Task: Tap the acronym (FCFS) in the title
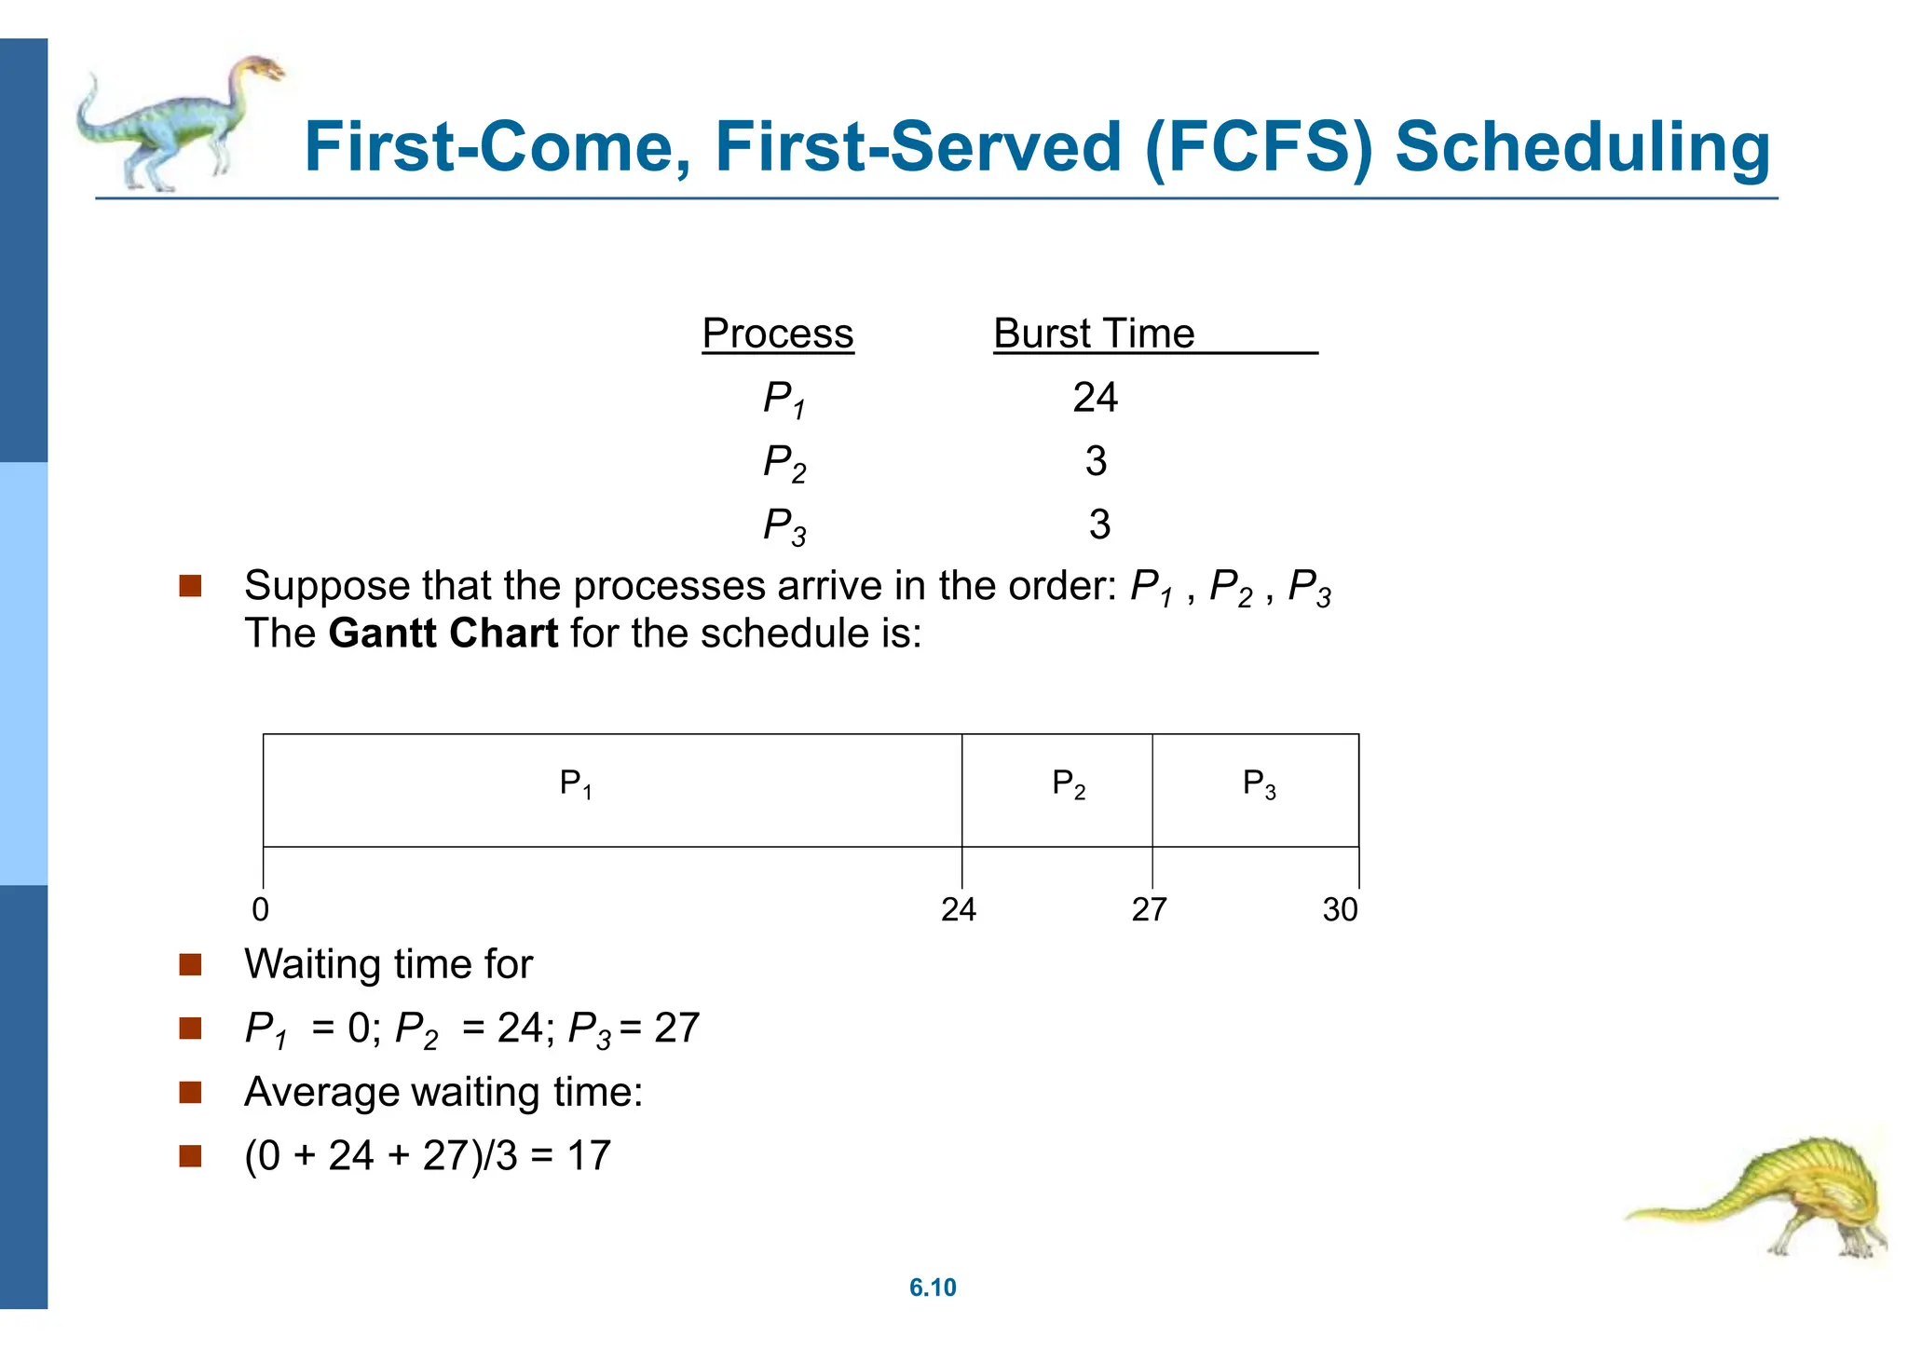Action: coord(1259,147)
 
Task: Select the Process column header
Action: coord(777,334)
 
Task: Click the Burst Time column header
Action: coord(1094,334)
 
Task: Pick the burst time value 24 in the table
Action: coord(1095,398)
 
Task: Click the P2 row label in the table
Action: coord(784,463)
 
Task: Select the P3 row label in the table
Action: coord(784,526)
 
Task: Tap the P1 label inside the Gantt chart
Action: coord(576,784)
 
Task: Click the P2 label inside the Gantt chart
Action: coord(1069,784)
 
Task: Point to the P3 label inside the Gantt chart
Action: coord(1260,784)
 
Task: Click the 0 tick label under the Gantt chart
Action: coord(261,909)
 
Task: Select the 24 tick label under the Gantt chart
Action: coord(959,909)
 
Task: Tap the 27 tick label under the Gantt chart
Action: coord(1150,909)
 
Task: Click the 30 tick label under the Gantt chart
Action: coord(1341,909)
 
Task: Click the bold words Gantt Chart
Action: coord(443,634)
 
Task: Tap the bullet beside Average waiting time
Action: coord(191,1092)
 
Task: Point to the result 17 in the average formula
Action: coord(589,1155)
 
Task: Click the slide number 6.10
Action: coord(933,1288)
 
